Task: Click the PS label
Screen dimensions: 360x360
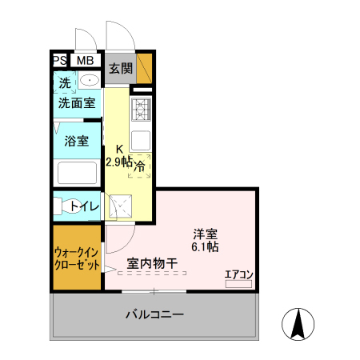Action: point(59,60)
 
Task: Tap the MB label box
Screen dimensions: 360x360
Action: point(84,60)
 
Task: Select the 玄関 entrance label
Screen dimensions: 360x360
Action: point(121,69)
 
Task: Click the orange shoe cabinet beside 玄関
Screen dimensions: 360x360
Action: point(144,68)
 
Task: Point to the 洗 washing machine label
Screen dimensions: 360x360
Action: point(62,81)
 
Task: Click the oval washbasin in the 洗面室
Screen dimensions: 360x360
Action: point(89,80)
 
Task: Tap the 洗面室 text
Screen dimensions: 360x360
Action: point(76,102)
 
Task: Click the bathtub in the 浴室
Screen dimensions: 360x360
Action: point(77,171)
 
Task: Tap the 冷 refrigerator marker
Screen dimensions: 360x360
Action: point(139,166)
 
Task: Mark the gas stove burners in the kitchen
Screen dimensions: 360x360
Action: point(142,107)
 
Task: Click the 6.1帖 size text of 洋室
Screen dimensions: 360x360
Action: point(205,247)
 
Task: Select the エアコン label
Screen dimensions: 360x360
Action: point(238,274)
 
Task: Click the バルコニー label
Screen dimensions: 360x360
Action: point(154,314)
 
